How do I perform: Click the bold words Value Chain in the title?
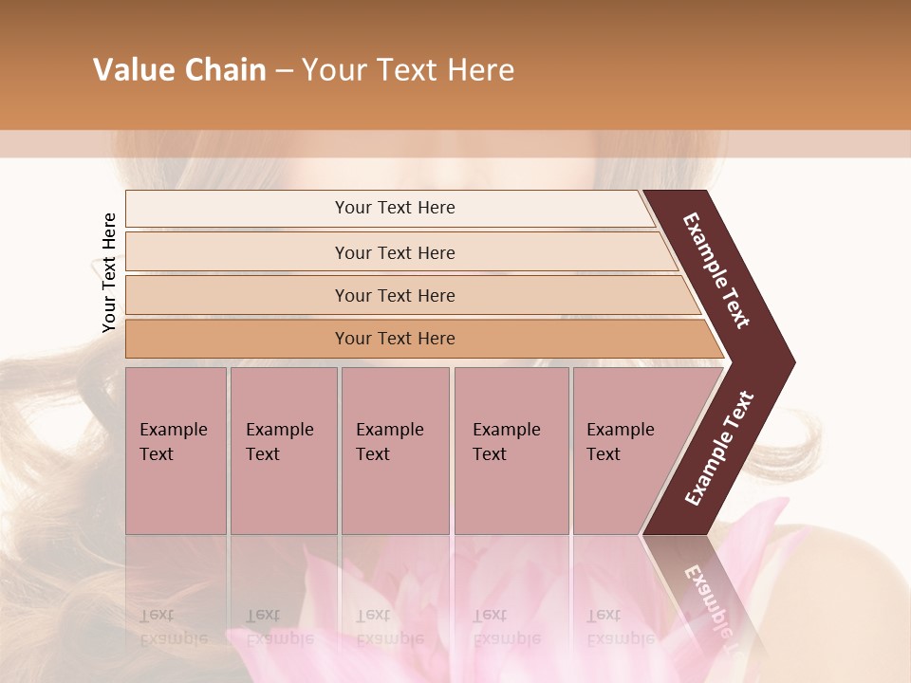[179, 70]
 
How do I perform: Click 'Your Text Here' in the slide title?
[408, 70]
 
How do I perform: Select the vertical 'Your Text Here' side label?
[109, 272]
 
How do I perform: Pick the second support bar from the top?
[395, 252]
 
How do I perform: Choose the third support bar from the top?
[395, 295]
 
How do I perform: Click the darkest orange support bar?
[395, 339]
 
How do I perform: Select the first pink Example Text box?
[176, 451]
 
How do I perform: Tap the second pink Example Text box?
[283, 451]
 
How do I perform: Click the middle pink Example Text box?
[395, 451]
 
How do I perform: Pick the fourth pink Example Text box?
[511, 451]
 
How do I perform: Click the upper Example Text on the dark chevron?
[716, 270]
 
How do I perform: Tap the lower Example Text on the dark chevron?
[719, 448]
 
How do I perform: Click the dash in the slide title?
[284, 71]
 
